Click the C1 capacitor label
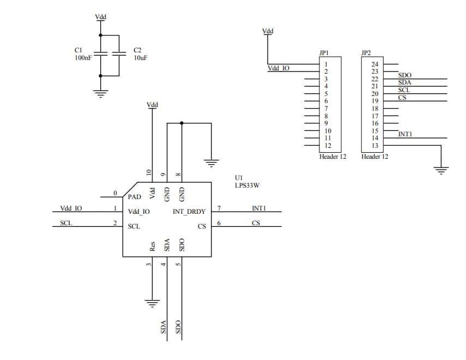(x=78, y=50)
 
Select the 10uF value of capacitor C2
(x=140, y=57)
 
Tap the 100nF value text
(x=83, y=57)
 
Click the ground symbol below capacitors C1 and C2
(x=100, y=93)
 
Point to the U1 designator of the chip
(x=238, y=178)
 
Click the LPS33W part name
(x=246, y=185)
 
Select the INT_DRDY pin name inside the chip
(x=189, y=212)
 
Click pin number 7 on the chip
(x=219, y=208)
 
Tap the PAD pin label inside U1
(x=135, y=196)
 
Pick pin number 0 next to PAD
(x=115, y=193)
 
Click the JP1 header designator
(x=324, y=53)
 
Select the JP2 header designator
(x=366, y=53)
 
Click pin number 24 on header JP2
(x=374, y=64)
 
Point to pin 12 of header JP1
(x=328, y=146)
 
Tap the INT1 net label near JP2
(x=405, y=134)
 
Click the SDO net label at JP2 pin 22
(x=405, y=75)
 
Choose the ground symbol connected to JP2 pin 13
(x=441, y=170)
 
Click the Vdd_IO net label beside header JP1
(x=278, y=68)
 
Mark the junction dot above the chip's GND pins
(x=181, y=123)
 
